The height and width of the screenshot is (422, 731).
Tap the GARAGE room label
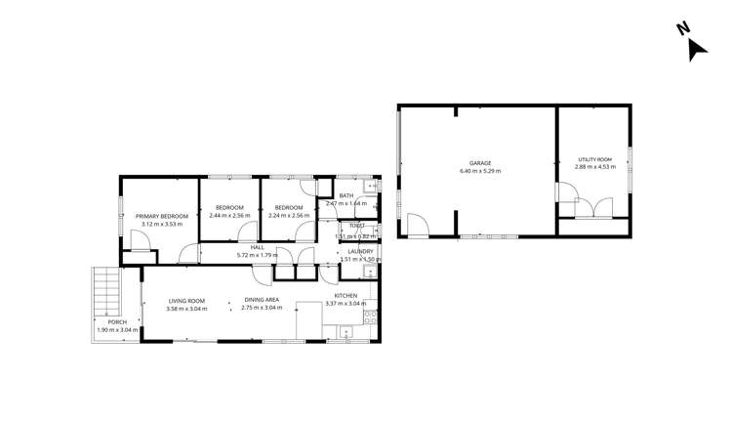click(x=479, y=163)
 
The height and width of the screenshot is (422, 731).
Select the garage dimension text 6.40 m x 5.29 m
click(x=479, y=171)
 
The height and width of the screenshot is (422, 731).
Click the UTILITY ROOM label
click(x=593, y=159)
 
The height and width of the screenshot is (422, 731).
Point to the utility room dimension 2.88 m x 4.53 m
click(x=593, y=167)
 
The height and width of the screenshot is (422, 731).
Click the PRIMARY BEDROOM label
click(x=161, y=216)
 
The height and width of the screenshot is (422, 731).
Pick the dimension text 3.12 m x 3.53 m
click(x=161, y=224)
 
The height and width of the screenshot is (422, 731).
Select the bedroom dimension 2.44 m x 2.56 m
click(x=229, y=215)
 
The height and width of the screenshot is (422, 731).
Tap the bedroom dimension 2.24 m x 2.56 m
click(x=288, y=215)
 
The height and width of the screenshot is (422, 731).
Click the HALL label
click(x=258, y=247)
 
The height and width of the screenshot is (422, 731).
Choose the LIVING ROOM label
click(x=185, y=301)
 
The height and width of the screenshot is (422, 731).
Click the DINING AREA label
click(x=262, y=301)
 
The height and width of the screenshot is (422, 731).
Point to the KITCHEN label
click(x=346, y=296)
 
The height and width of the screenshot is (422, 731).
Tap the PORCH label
click(x=117, y=322)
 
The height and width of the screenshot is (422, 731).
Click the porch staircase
click(x=106, y=290)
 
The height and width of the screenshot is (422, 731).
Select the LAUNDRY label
click(x=360, y=252)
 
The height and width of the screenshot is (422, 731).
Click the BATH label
click(x=345, y=195)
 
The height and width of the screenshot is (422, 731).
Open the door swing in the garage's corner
click(x=418, y=226)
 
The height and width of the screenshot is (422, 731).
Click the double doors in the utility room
click(x=593, y=207)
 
